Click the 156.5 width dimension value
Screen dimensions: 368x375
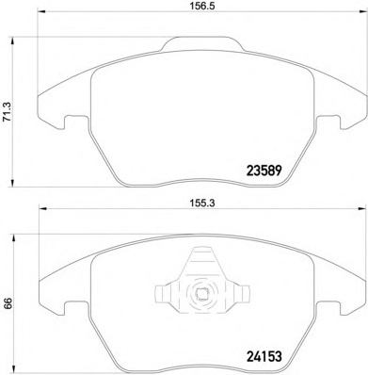tap(202, 6)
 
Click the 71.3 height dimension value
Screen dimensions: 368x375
tap(7, 111)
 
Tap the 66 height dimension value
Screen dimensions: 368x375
tap(8, 303)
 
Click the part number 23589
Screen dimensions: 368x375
tap(264, 171)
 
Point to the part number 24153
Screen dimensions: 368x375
tap(264, 357)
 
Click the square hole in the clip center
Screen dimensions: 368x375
tap(201, 294)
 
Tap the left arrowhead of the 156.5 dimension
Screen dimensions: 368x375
tap(41, 12)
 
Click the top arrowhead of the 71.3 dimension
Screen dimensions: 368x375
tap(12, 41)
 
